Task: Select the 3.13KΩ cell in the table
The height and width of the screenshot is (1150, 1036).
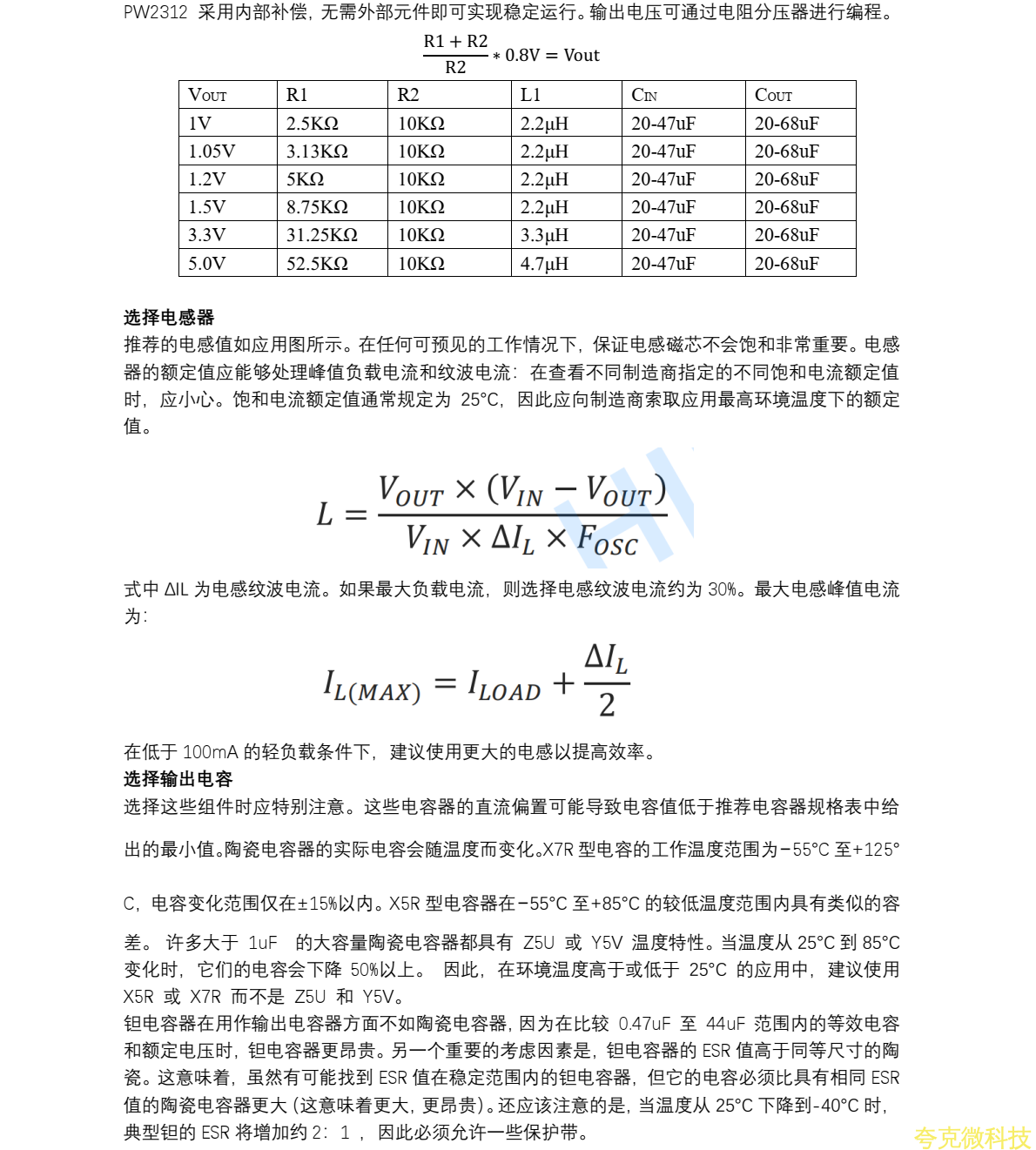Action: [x=317, y=151]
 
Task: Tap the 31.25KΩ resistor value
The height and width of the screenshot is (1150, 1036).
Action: [x=321, y=235]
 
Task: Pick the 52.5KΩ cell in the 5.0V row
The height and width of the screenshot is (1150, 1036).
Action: [x=317, y=264]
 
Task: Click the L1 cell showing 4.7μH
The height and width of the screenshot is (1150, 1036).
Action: [x=544, y=264]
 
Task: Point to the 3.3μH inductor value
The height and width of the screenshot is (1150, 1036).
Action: [x=544, y=235]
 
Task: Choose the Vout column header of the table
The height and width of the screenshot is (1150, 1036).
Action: [x=207, y=95]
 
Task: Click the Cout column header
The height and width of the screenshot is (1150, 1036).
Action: [x=773, y=95]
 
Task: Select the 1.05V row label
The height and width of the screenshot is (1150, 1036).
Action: [x=212, y=151]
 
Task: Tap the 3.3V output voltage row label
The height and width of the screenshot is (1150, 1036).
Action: [x=206, y=235]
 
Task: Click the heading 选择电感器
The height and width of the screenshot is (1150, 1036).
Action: [x=169, y=317]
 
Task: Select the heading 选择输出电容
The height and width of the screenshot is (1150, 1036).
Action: [x=178, y=778]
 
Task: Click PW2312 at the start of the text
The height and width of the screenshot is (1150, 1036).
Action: [x=155, y=12]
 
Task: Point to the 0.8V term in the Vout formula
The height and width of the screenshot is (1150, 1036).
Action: [x=522, y=55]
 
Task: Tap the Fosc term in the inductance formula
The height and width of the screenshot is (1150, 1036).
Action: [x=607, y=541]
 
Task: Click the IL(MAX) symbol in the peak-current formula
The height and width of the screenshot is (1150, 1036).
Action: [x=372, y=686]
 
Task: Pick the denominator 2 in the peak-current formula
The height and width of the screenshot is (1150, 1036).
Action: [x=607, y=704]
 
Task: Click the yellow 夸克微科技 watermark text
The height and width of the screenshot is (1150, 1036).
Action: [x=972, y=1137]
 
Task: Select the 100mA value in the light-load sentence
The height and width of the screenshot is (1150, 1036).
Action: [x=210, y=751]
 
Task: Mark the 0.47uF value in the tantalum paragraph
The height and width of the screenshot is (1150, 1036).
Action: [x=644, y=1023]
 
